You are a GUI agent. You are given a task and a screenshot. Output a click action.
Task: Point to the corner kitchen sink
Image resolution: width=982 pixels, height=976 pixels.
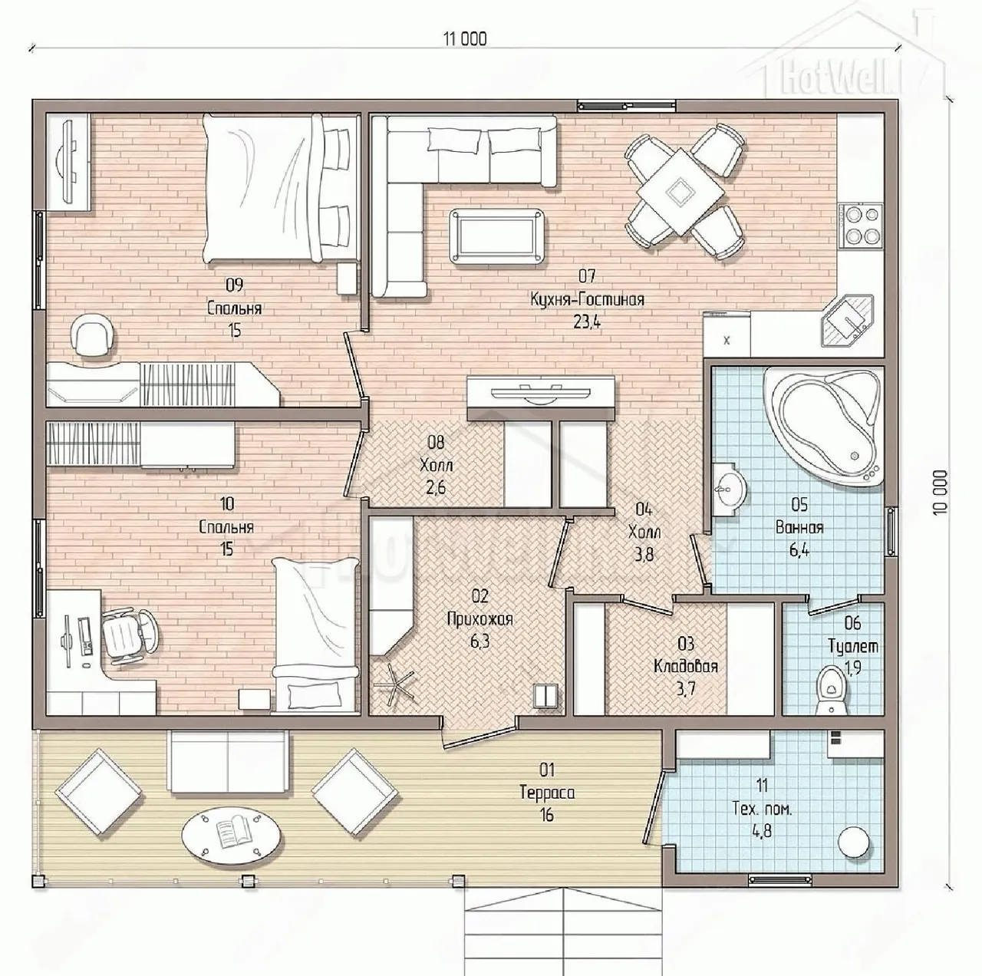[848, 320]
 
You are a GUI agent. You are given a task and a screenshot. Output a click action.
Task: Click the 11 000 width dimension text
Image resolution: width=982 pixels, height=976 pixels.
[464, 39]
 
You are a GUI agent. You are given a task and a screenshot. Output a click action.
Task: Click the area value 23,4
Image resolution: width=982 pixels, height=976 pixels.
[586, 322]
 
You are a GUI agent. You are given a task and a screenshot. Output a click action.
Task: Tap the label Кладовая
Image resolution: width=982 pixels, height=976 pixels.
[686, 666]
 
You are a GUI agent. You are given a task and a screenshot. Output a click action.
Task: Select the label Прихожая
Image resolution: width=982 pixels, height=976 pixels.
[479, 619]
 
